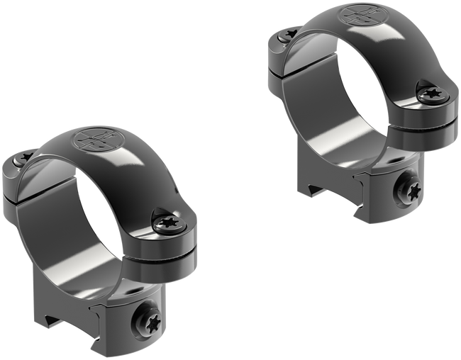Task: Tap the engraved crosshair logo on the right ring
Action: [x=357, y=16]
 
